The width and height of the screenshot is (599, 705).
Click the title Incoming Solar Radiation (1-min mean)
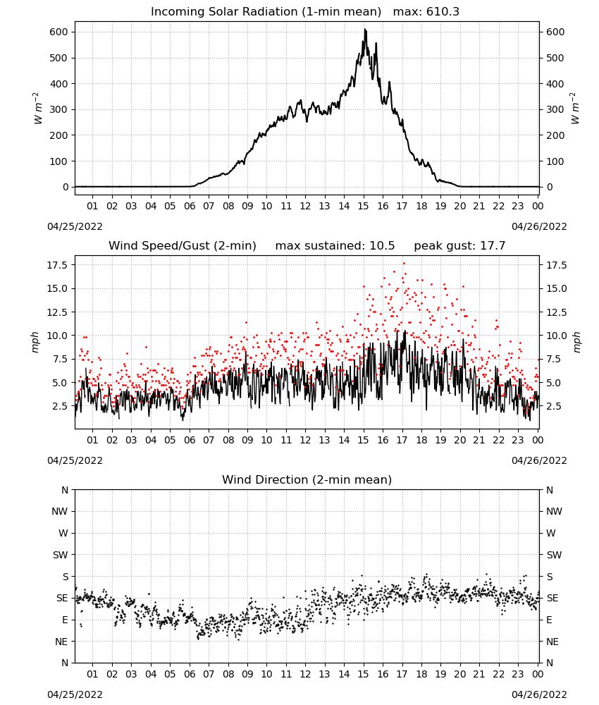[x=266, y=12]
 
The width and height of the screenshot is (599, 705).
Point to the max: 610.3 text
[x=426, y=12]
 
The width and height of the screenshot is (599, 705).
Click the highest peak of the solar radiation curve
[x=365, y=30]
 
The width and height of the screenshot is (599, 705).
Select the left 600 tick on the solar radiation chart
[x=59, y=32]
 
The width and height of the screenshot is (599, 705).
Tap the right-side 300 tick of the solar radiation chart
[x=555, y=110]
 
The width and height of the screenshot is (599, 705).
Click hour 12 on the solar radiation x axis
[x=305, y=206]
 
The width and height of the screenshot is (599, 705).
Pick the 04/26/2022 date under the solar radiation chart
[x=539, y=226]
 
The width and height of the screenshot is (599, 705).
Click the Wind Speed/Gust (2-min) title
[x=183, y=246]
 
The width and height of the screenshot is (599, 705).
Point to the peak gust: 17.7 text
[x=459, y=246]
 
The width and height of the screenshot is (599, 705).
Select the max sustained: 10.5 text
[x=335, y=246]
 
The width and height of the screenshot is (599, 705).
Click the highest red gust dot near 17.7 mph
[x=404, y=264]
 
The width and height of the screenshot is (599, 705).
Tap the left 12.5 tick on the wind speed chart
[x=57, y=312]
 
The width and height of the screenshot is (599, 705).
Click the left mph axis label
[x=35, y=342]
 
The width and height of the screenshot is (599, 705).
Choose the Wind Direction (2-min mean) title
[x=307, y=479]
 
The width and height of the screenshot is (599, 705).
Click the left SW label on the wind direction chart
[x=60, y=555]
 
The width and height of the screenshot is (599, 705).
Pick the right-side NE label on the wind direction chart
[x=552, y=642]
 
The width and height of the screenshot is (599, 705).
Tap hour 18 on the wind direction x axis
[x=421, y=674]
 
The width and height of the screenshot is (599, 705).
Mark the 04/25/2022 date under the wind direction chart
[x=75, y=694]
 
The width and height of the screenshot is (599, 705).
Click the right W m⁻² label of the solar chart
[x=575, y=109]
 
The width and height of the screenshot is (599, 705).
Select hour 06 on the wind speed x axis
[x=189, y=440]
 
